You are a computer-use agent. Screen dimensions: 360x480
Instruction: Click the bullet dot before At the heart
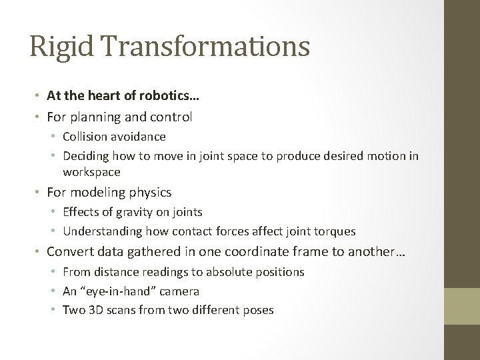tap(39, 97)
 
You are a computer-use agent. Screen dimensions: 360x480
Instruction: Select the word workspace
tap(91, 172)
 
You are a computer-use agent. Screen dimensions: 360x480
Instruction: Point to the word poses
tap(259, 310)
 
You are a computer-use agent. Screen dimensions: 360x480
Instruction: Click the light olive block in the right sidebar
tap(461, 306)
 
